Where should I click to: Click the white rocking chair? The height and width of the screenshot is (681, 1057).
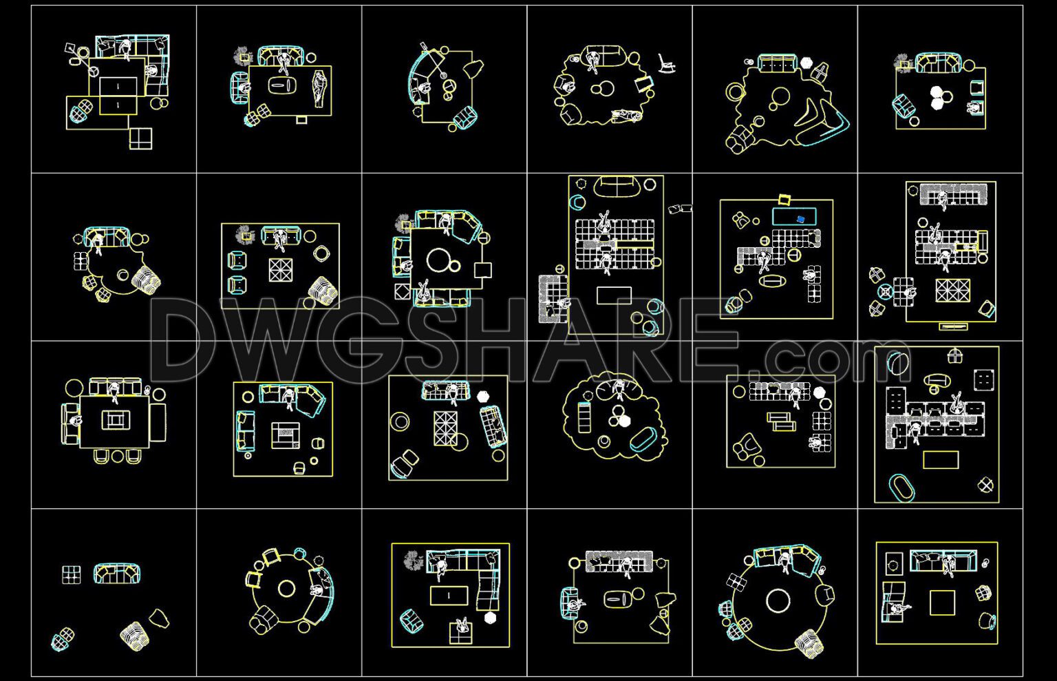666,63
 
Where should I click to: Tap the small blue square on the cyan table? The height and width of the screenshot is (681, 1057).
800,219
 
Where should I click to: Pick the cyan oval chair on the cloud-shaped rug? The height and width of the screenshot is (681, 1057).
643,440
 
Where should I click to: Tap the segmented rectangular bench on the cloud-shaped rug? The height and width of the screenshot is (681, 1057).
584,417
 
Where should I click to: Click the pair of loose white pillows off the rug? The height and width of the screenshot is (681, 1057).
680,208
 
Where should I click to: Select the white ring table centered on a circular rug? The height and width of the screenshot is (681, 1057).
778,600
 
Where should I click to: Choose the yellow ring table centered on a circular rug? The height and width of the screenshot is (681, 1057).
286,589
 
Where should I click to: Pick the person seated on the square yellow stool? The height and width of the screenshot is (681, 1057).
460,629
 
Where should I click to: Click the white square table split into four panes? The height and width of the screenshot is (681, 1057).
140,138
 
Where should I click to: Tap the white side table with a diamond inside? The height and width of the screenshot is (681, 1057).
986,485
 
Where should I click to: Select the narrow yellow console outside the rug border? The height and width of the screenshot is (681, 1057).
953,326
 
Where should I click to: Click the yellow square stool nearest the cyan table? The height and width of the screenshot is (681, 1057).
784,200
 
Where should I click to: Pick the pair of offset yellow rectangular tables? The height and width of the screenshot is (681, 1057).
780,421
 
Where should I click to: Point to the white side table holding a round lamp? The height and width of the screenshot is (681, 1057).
894,565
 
